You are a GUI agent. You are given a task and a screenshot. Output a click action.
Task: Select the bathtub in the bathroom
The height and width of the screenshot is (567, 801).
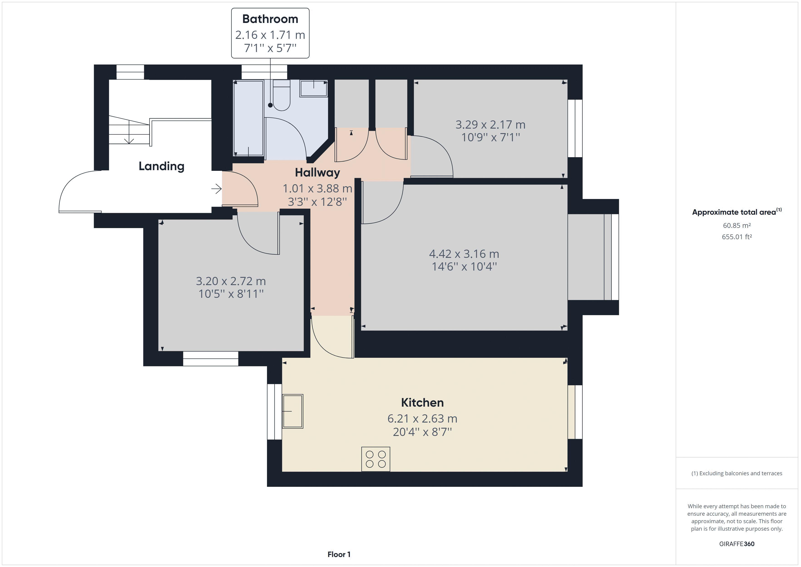pyautogui.click(x=248, y=118)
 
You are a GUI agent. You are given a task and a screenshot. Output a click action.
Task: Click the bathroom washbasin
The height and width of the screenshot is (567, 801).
pyautogui.click(x=313, y=88)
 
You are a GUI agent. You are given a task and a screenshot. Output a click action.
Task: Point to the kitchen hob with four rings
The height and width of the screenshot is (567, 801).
pyautogui.click(x=376, y=459)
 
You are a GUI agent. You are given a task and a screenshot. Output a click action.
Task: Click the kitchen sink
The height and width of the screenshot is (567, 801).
pyautogui.click(x=292, y=411)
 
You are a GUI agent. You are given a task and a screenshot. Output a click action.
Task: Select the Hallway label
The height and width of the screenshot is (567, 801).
pyautogui.click(x=317, y=172)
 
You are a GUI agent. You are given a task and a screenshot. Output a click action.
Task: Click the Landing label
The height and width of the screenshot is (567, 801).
pyautogui.click(x=161, y=166)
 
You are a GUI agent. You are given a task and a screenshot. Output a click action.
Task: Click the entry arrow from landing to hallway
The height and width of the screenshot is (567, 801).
pyautogui.click(x=216, y=189)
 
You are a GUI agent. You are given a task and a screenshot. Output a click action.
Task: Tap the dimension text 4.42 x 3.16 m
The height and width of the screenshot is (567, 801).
pyautogui.click(x=464, y=254)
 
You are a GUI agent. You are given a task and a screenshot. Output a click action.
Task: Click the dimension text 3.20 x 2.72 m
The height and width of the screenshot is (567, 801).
pyautogui.click(x=231, y=281)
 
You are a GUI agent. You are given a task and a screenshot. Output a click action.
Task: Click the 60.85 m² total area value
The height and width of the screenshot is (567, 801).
pyautogui.click(x=737, y=226)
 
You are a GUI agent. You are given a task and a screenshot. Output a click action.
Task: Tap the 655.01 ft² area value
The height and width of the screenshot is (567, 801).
pyautogui.click(x=737, y=237)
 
